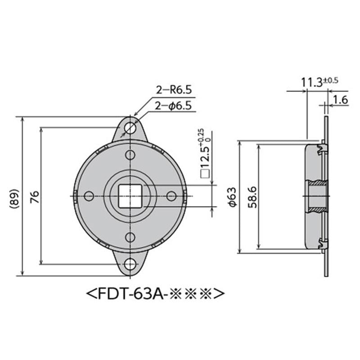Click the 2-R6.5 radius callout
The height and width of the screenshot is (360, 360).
pyautogui.click(x=174, y=90)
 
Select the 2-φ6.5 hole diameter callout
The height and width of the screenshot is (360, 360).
pyautogui.click(x=174, y=106)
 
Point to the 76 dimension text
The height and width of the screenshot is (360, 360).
pyautogui.click(x=35, y=196)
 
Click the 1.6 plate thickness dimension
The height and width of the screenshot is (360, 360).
pyautogui.click(x=341, y=99)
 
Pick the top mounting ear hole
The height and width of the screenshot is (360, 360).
pyautogui.click(x=130, y=127)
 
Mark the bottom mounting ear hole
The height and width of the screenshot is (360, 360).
pyautogui.click(x=130, y=265)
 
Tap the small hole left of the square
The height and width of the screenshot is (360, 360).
pyautogui.click(x=89, y=196)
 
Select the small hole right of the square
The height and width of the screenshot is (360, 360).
pyautogui.click(x=171, y=196)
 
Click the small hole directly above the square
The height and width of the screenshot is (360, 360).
pyautogui.click(x=130, y=155)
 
